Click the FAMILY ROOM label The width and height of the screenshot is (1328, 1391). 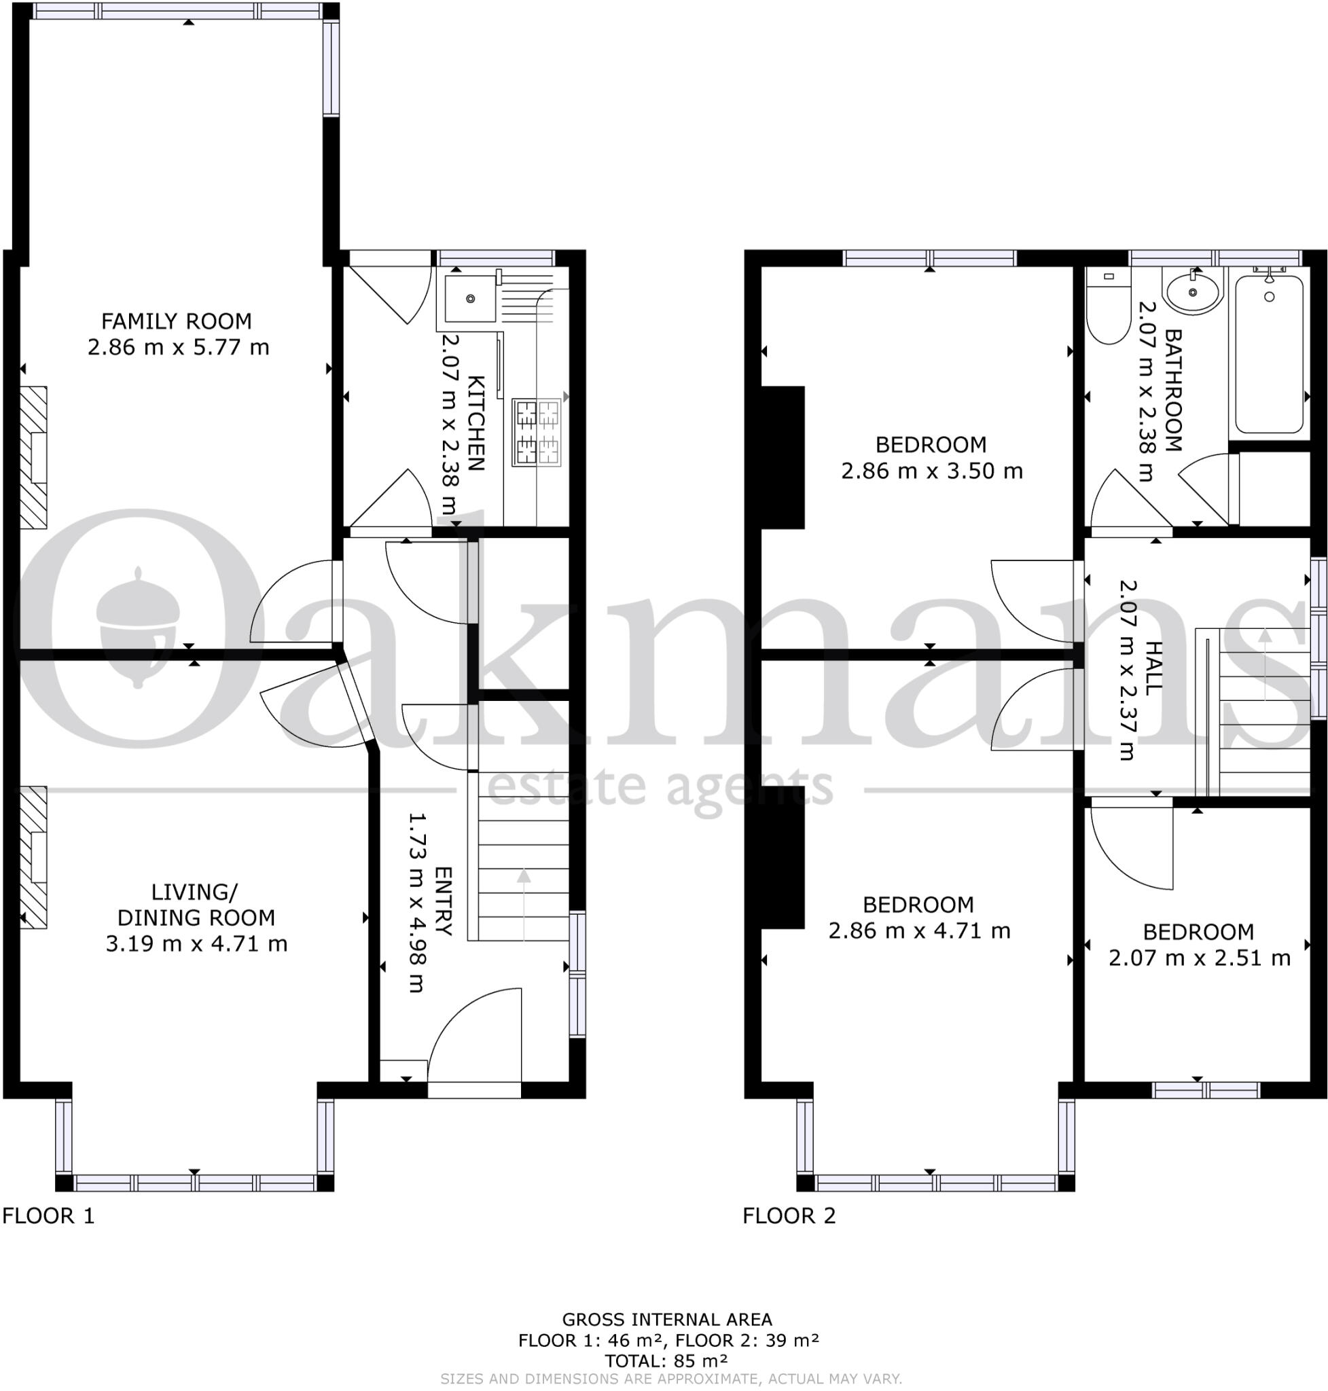176,321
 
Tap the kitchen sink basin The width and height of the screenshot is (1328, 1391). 470,299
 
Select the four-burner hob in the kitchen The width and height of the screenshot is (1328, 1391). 537,433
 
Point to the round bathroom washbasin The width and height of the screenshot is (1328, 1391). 1194,291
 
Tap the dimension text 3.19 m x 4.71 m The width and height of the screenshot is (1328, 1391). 196,943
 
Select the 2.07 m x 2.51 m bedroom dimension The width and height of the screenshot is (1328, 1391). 1199,958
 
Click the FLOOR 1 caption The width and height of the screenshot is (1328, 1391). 48,1216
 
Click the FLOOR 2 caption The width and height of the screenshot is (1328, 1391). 789,1216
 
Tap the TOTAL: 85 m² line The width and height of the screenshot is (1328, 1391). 666,1360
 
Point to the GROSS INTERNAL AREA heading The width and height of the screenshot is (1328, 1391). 666,1320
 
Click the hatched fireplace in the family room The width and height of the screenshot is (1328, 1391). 33,457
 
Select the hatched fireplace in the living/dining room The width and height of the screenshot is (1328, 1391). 33,857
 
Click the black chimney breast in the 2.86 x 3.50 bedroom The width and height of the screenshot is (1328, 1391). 783,457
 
